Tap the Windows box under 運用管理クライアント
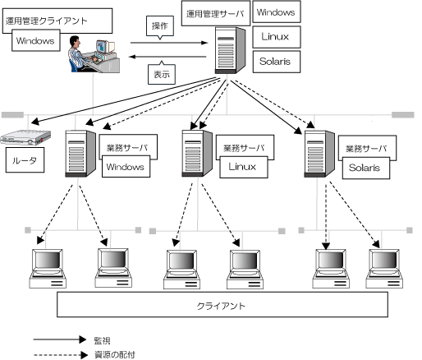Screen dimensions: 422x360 pyautogui.click(x=36, y=40)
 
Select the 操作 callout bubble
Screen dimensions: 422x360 pyautogui.click(x=160, y=27)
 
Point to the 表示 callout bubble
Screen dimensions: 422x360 pyautogui.click(x=162, y=73)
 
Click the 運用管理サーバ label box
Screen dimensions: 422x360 pyautogui.click(x=216, y=13)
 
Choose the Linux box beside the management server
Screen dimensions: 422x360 pyautogui.click(x=277, y=37)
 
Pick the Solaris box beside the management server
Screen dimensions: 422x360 pyautogui.click(x=277, y=62)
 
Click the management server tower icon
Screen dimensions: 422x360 pyautogui.click(x=230, y=50)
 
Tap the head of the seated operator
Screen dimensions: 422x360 pyautogui.click(x=75, y=41)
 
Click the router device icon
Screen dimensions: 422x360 pyautogui.click(x=25, y=137)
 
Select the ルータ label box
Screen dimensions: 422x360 pyautogui.click(x=25, y=160)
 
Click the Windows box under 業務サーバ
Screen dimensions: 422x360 pyautogui.click(x=126, y=167)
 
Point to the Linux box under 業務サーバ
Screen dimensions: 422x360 pyautogui.click(x=244, y=167)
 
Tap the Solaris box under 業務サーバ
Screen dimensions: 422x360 pyautogui.click(x=366, y=168)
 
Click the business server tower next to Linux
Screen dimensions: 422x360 pyautogui.click(x=197, y=154)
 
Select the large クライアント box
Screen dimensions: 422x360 pyautogui.click(x=222, y=304)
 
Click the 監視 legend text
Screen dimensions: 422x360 pyautogui.click(x=102, y=340)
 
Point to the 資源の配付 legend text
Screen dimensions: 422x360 pyautogui.click(x=115, y=355)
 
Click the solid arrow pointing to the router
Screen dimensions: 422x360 pyautogui.click(x=124, y=100)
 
